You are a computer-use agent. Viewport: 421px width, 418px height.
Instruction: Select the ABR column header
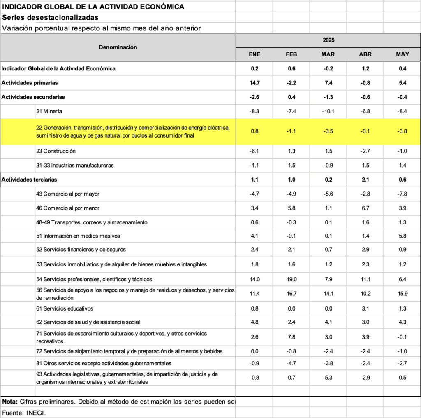pos(365,54)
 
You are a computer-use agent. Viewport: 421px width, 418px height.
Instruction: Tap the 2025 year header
pos(328,40)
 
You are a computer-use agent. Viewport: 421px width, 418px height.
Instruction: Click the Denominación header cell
pos(118,47)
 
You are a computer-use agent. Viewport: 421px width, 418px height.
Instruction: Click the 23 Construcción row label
pos(56,151)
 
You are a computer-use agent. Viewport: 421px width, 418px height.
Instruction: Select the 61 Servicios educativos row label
pos(65,308)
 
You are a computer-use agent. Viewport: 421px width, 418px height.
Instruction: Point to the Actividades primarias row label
pos(30,83)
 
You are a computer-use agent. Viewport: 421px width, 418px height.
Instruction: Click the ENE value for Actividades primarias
pos(255,83)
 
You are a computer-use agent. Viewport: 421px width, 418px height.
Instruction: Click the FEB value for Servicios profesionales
pos(291,279)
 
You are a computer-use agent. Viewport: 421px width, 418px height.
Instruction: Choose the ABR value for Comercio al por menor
pos(365,208)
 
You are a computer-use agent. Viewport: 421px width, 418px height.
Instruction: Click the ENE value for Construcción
pos(255,151)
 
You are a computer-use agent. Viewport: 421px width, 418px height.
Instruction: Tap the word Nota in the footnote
pos(9,402)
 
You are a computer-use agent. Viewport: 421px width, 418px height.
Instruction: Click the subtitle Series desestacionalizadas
pos(50,17)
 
